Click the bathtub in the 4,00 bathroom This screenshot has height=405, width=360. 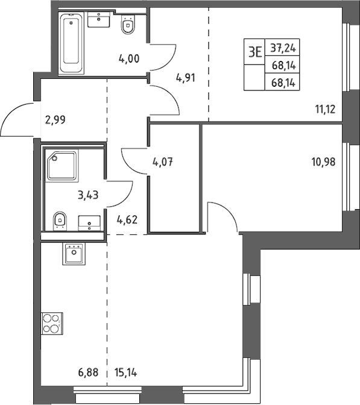[71, 43]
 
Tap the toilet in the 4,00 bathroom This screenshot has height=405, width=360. [128, 25]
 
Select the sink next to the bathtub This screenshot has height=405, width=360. [99, 19]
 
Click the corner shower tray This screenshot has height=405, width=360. [62, 166]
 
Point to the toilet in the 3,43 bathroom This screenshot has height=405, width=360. [60, 221]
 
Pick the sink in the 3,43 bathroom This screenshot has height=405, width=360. [89, 223]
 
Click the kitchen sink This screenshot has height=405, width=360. [74, 254]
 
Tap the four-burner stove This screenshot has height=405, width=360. [52, 323]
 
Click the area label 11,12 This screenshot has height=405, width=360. [326, 110]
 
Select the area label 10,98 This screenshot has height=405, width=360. [324, 162]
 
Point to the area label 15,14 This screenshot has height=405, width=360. [125, 372]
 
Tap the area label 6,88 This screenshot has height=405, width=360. [88, 372]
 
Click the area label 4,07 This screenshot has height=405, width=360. [163, 162]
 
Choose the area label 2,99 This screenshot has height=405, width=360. [55, 119]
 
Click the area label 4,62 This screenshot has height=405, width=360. [127, 220]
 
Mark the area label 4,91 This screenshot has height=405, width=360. [185, 78]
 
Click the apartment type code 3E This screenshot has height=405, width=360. [255, 52]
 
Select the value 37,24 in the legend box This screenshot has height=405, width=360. [283, 48]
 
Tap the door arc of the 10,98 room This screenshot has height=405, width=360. [229, 210]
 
